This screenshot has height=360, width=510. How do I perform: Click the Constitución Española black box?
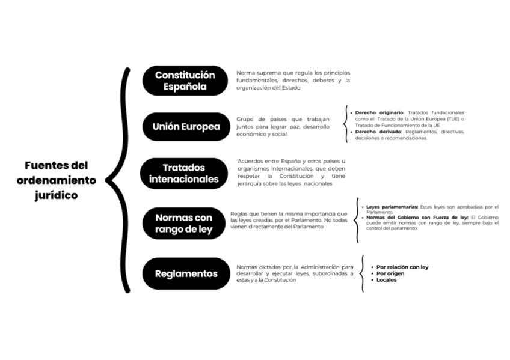pyautogui.click(x=185, y=81)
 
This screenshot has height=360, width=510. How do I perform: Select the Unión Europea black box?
pyautogui.click(x=186, y=127)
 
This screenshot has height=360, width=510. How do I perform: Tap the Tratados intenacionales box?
pyautogui.click(x=183, y=173)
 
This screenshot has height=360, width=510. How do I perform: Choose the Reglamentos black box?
pyautogui.click(x=186, y=273)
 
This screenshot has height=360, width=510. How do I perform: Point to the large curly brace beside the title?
pyautogui.click(x=120, y=180)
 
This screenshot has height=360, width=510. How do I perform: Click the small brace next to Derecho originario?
pyautogui.click(x=347, y=125)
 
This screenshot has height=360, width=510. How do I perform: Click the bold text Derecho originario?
pyautogui.click(x=379, y=112)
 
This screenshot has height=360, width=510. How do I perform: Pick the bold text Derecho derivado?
pyautogui.click(x=378, y=132)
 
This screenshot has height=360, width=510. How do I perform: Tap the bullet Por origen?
pyautogui.click(x=391, y=273)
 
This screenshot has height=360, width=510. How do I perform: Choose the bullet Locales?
pyautogui.click(x=386, y=280)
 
